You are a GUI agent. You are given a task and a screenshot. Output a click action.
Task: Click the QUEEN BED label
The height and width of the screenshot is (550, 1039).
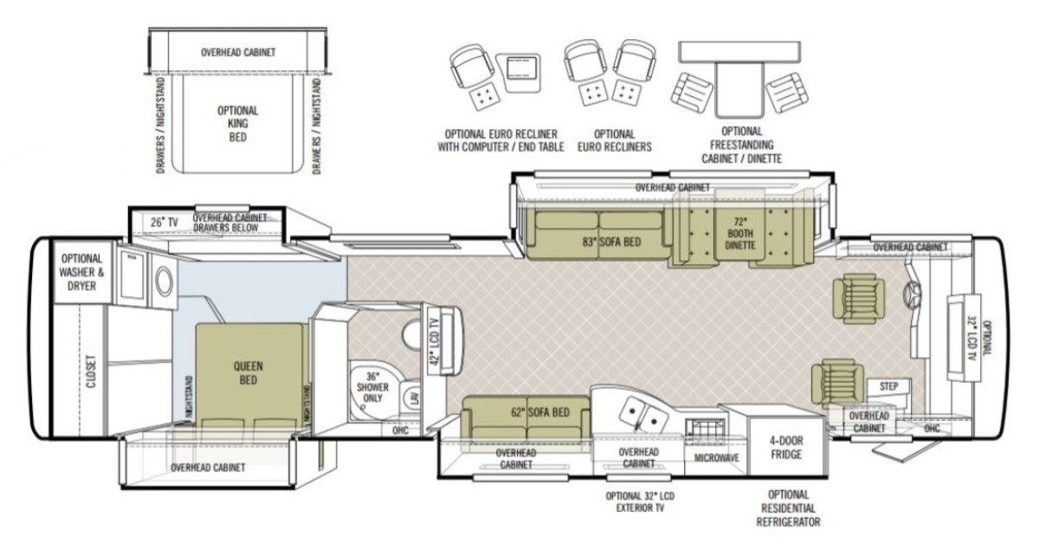click(248, 373)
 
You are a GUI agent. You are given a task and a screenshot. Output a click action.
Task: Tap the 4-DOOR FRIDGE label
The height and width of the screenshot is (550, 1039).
click(786, 448)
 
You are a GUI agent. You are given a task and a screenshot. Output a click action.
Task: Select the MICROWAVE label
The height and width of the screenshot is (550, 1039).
click(717, 458)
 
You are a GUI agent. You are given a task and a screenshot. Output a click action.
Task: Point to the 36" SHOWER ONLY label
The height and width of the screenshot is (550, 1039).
click(372, 387)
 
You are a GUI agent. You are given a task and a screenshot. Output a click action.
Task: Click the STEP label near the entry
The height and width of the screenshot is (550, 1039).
click(888, 386)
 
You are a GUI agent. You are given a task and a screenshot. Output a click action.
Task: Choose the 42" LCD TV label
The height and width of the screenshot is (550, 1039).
click(434, 341)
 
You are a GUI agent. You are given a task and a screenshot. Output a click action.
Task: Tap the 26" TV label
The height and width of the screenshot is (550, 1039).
click(165, 223)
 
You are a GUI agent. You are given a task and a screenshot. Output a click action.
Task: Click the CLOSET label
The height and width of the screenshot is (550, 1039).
click(91, 372)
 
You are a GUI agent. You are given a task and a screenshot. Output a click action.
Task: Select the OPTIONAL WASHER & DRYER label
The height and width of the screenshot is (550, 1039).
click(81, 273)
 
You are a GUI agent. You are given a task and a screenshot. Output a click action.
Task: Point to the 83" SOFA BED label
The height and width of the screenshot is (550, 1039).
click(611, 242)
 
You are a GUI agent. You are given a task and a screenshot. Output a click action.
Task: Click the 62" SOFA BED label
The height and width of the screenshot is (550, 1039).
click(540, 412)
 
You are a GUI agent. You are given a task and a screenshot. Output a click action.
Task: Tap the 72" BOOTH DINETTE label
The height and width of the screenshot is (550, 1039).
click(740, 234)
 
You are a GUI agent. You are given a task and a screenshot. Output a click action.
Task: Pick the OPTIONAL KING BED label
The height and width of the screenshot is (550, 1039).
click(237, 124)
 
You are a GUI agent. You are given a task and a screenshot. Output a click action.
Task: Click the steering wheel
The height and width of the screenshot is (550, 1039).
click(912, 294)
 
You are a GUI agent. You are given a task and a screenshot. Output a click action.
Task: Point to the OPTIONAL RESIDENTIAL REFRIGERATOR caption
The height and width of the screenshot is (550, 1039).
click(788, 508)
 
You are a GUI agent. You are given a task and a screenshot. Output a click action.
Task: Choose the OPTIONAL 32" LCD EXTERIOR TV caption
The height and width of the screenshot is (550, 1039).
click(640, 502)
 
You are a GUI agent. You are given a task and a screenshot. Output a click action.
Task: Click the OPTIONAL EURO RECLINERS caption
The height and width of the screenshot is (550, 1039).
click(614, 140)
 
